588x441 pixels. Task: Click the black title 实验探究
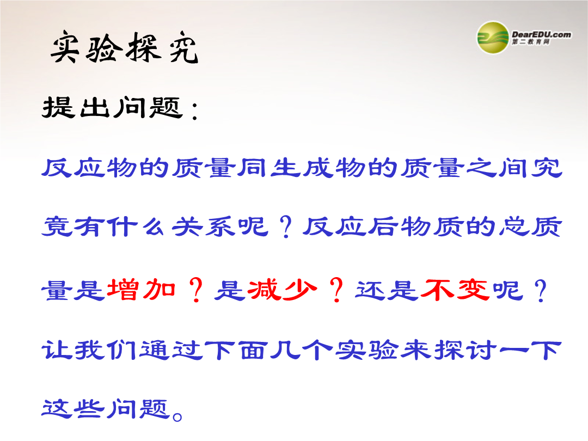(124, 47)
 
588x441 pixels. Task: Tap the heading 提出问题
(113, 107)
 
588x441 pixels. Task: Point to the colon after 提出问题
(194, 112)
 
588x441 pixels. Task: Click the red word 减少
(282, 290)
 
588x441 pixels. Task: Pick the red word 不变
(455, 290)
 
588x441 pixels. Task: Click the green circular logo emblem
(493, 38)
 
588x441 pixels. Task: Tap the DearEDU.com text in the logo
(541, 34)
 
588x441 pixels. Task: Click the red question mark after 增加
(196, 290)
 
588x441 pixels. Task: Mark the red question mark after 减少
(336, 290)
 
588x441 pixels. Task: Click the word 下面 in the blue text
(236, 350)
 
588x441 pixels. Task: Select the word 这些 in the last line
(72, 408)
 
